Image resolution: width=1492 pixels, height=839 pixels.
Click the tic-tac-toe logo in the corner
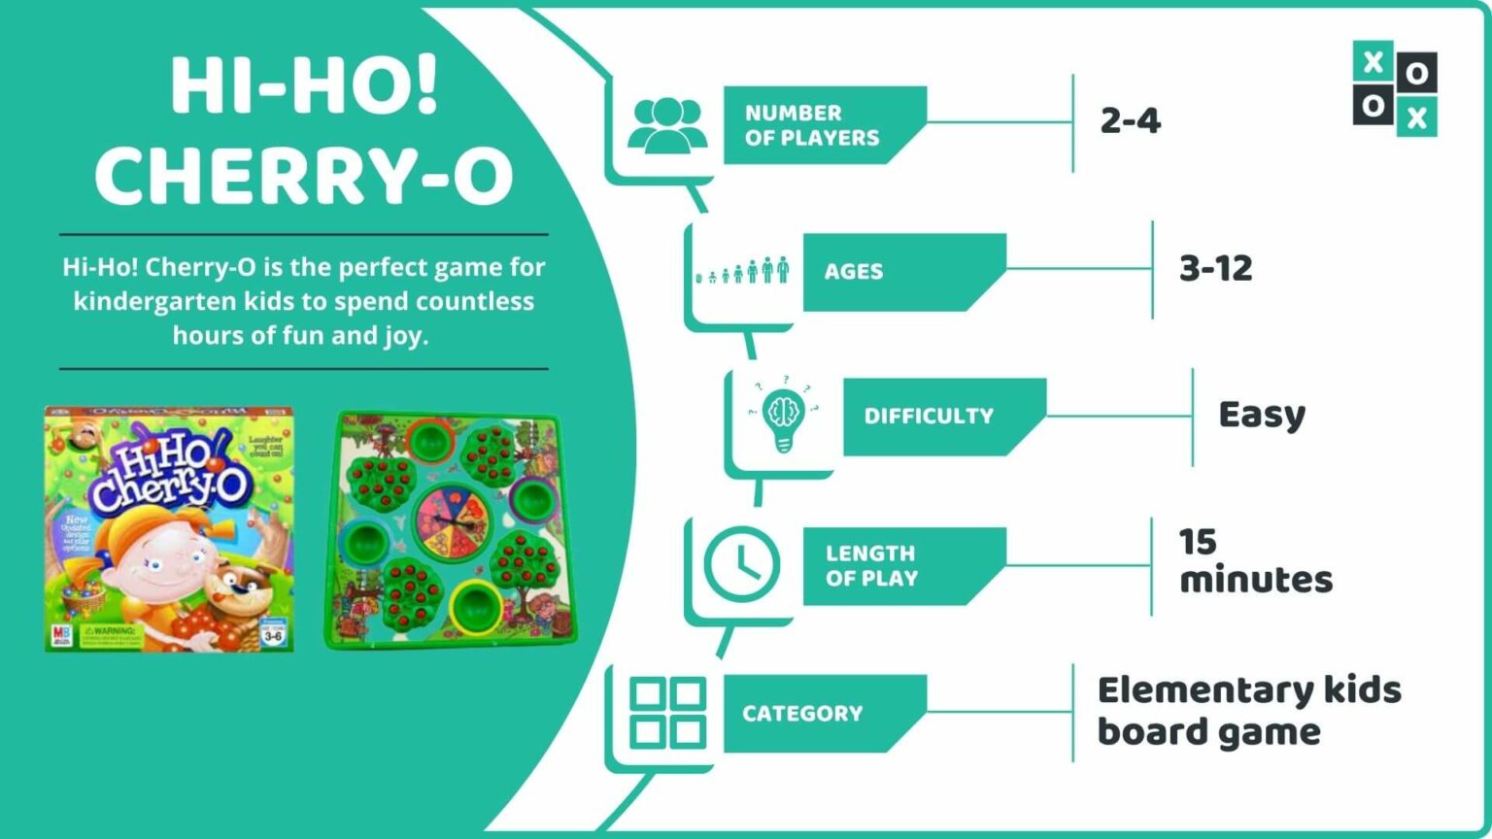(1394, 87)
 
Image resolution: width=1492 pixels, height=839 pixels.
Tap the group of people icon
(667, 125)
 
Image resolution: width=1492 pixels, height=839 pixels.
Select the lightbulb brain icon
(784, 416)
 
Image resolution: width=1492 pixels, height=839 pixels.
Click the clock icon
(741, 564)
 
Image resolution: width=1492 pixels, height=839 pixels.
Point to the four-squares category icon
(667, 713)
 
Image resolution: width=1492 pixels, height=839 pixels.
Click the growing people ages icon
(743, 271)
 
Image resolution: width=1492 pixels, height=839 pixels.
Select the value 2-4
(1130, 120)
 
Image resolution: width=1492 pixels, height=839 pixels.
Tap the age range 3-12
(1215, 268)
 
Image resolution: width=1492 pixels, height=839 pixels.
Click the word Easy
(1262, 416)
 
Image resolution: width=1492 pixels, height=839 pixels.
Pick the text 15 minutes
(1255, 561)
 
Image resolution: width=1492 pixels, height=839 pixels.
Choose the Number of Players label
(812, 125)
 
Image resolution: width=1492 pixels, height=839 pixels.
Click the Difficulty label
(929, 416)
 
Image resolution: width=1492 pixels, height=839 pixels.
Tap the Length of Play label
(871, 565)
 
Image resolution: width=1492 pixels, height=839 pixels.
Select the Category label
(802, 714)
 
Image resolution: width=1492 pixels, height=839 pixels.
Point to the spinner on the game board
(452, 519)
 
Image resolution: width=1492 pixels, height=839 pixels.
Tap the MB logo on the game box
(61, 636)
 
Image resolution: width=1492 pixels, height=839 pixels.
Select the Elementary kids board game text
(1249, 711)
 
